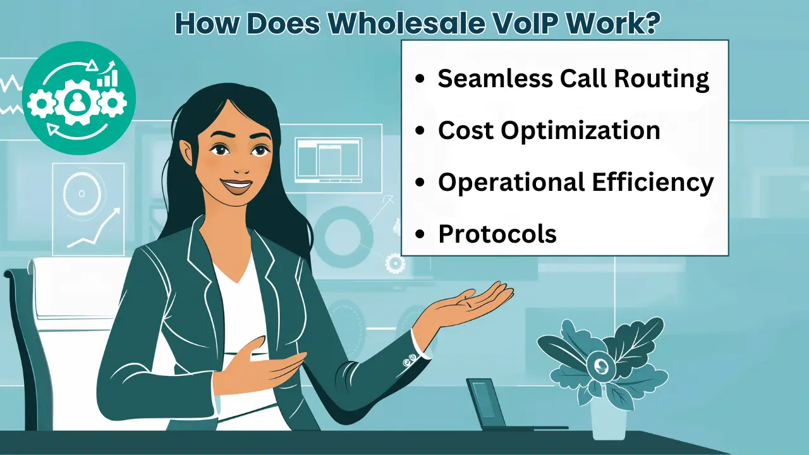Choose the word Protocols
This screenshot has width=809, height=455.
tap(497, 234)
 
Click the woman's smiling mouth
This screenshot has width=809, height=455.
tap(237, 186)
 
